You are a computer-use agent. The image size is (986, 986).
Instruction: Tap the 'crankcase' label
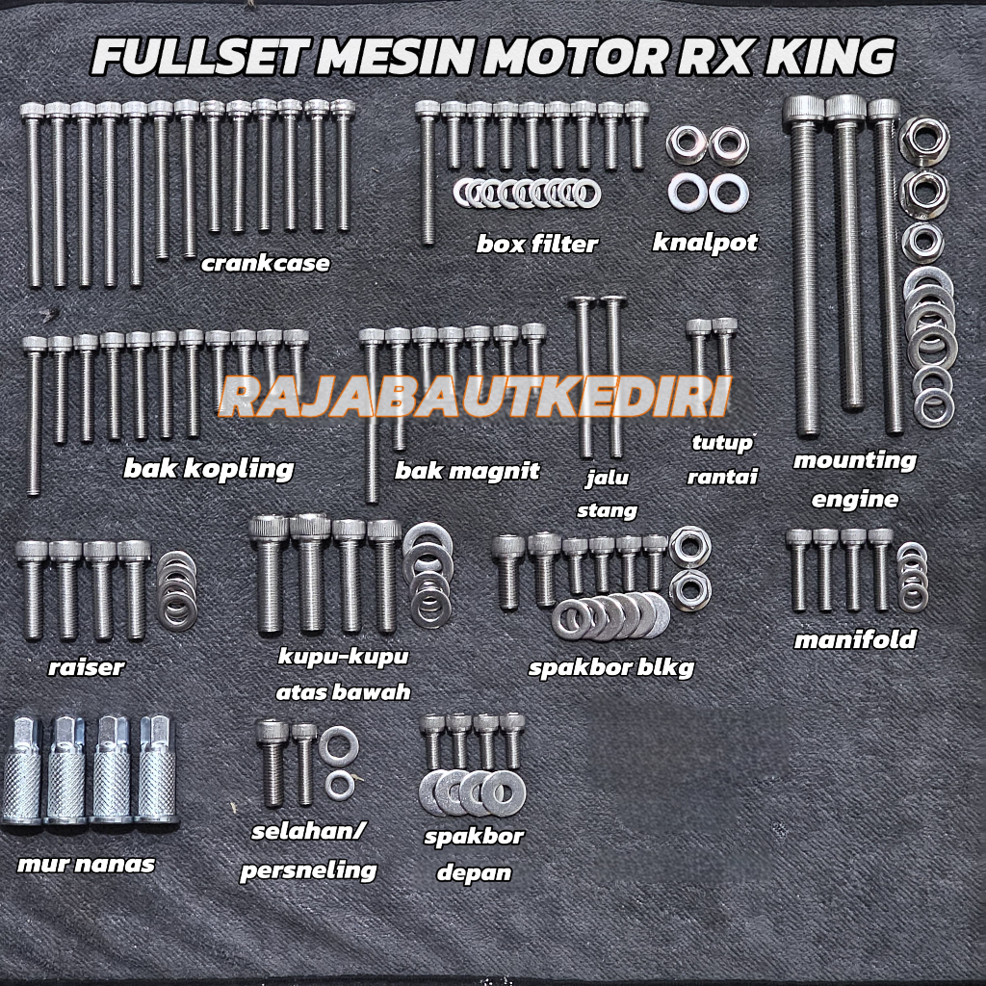click(265, 263)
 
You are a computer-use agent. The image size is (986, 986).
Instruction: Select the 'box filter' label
click(536, 244)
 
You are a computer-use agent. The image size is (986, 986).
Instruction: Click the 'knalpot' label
click(705, 242)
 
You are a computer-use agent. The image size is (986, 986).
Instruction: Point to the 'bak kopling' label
click(208, 469)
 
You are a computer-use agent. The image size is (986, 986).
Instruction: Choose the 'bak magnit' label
click(467, 472)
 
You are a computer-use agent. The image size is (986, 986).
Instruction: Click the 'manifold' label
click(854, 639)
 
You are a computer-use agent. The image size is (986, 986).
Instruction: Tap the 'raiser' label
click(86, 666)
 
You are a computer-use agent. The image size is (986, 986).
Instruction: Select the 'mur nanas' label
click(86, 864)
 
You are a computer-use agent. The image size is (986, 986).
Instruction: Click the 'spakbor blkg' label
click(610, 667)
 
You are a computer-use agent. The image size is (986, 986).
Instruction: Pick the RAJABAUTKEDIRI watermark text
click(474, 398)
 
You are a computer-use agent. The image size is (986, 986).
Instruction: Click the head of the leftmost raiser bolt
click(32, 552)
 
